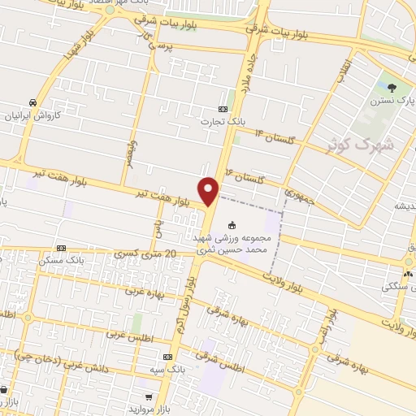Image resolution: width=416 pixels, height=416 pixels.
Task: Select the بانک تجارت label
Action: pos(223,122)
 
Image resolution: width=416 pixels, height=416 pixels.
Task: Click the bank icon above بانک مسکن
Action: pos(60,248)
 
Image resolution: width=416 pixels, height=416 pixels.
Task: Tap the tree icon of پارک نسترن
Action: pos(392,88)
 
